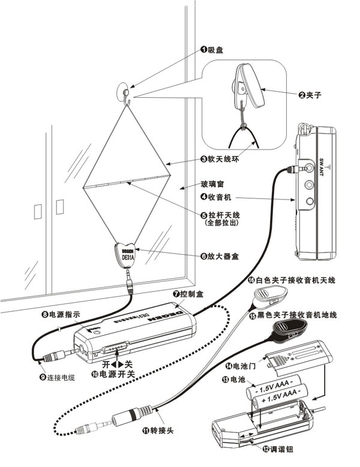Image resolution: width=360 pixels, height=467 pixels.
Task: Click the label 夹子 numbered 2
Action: coord(314,94)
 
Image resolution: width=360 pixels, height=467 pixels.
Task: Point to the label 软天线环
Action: coord(219,160)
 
